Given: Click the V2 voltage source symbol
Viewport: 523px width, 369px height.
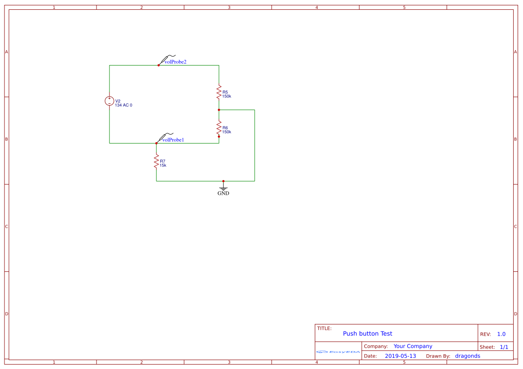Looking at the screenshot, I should pos(109,101).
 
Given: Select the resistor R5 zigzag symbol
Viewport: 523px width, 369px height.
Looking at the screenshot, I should pos(219,92).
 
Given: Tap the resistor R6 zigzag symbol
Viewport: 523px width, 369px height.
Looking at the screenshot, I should pos(219,128).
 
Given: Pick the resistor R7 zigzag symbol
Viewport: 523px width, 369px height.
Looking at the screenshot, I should pos(156,161).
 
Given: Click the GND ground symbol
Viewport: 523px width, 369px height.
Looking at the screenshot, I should pos(223,189).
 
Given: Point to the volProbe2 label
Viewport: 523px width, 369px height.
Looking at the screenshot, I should pos(175,62).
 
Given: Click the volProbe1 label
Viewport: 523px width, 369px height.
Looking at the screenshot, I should pos(173,140).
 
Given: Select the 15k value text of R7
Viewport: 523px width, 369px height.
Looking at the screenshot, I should pos(163,165).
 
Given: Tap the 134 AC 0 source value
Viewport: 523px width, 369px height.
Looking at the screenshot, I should pos(124,105).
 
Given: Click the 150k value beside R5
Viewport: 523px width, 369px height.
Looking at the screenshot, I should pos(226,96).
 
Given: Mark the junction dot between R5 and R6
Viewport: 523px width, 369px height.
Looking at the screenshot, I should pos(219,110).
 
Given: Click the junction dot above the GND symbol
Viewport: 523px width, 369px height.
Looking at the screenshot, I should pos(223,181).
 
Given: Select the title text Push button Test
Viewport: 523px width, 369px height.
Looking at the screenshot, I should pos(368,333).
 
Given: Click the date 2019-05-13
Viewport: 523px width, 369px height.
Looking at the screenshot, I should pos(400,356).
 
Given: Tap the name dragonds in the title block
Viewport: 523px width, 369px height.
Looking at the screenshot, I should pos(468,356).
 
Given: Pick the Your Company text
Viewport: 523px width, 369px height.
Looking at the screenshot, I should pos(413,346).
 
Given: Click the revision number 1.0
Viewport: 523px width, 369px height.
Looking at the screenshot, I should pos(501,334).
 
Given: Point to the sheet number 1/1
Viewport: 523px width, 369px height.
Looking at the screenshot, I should pos(504,347).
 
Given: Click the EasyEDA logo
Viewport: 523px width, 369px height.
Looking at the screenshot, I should pos(338,352).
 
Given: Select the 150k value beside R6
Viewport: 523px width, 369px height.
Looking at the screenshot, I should pos(226,132).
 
